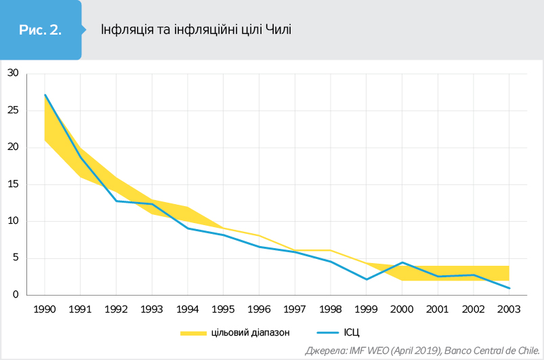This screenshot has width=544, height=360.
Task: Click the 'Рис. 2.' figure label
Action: tap(40, 30)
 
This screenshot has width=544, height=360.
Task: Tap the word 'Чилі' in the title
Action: tap(278, 30)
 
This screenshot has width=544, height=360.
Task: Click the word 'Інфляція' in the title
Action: tap(123, 30)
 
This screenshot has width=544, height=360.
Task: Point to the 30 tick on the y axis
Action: tap(12, 73)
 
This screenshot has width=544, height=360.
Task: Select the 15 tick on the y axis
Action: tap(12, 184)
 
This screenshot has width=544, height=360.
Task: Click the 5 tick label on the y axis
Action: tap(14, 258)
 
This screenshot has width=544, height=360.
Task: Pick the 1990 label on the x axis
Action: tap(45, 308)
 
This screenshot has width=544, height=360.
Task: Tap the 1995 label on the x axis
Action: tap(224, 308)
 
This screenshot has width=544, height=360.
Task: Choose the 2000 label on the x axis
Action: tap(402, 308)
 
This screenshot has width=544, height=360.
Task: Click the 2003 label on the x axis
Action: tap(509, 308)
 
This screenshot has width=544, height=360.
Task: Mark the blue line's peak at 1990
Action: tap(45, 95)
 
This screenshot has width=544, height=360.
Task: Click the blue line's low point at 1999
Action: tap(367, 279)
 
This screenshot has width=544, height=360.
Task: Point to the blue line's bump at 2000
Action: tap(402, 262)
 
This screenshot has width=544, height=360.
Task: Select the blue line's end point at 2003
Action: tap(509, 288)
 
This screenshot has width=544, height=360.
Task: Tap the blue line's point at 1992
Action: tap(117, 201)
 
